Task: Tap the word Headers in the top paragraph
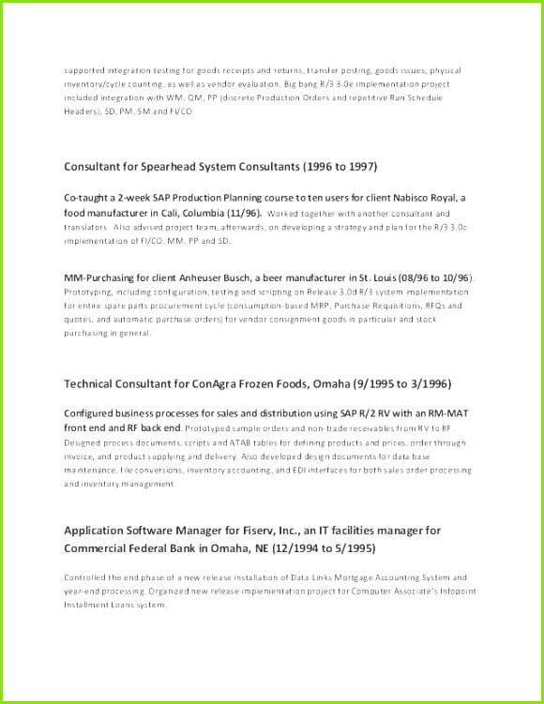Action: (x=81, y=110)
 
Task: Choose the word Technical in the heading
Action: (x=91, y=383)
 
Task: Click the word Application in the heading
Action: (x=94, y=531)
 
